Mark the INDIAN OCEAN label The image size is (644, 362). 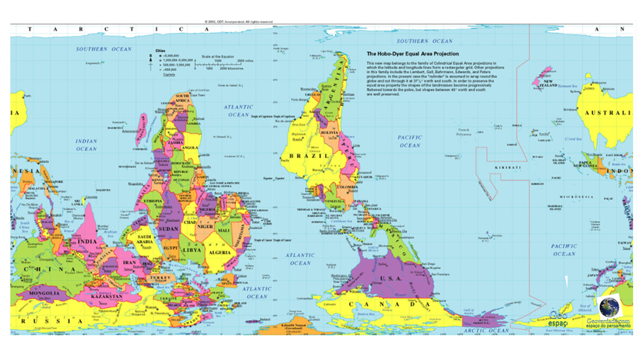pos(87,145)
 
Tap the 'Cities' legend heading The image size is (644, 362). pos(160,51)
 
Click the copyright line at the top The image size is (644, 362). pos(238,22)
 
